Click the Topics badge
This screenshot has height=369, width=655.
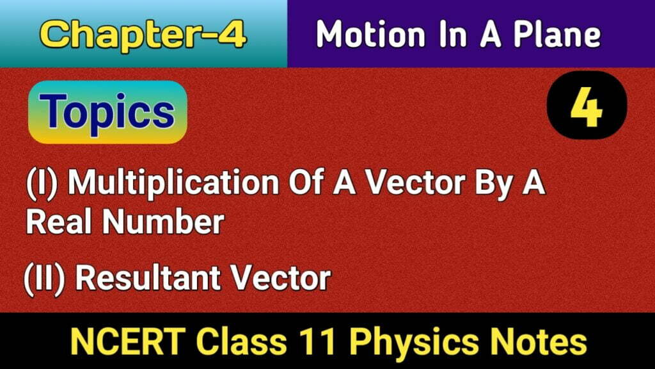(109, 112)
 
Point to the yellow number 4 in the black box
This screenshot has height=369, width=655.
(587, 108)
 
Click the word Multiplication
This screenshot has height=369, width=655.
(173, 185)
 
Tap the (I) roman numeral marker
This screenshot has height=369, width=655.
(44, 185)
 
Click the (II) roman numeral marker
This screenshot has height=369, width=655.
(48, 279)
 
